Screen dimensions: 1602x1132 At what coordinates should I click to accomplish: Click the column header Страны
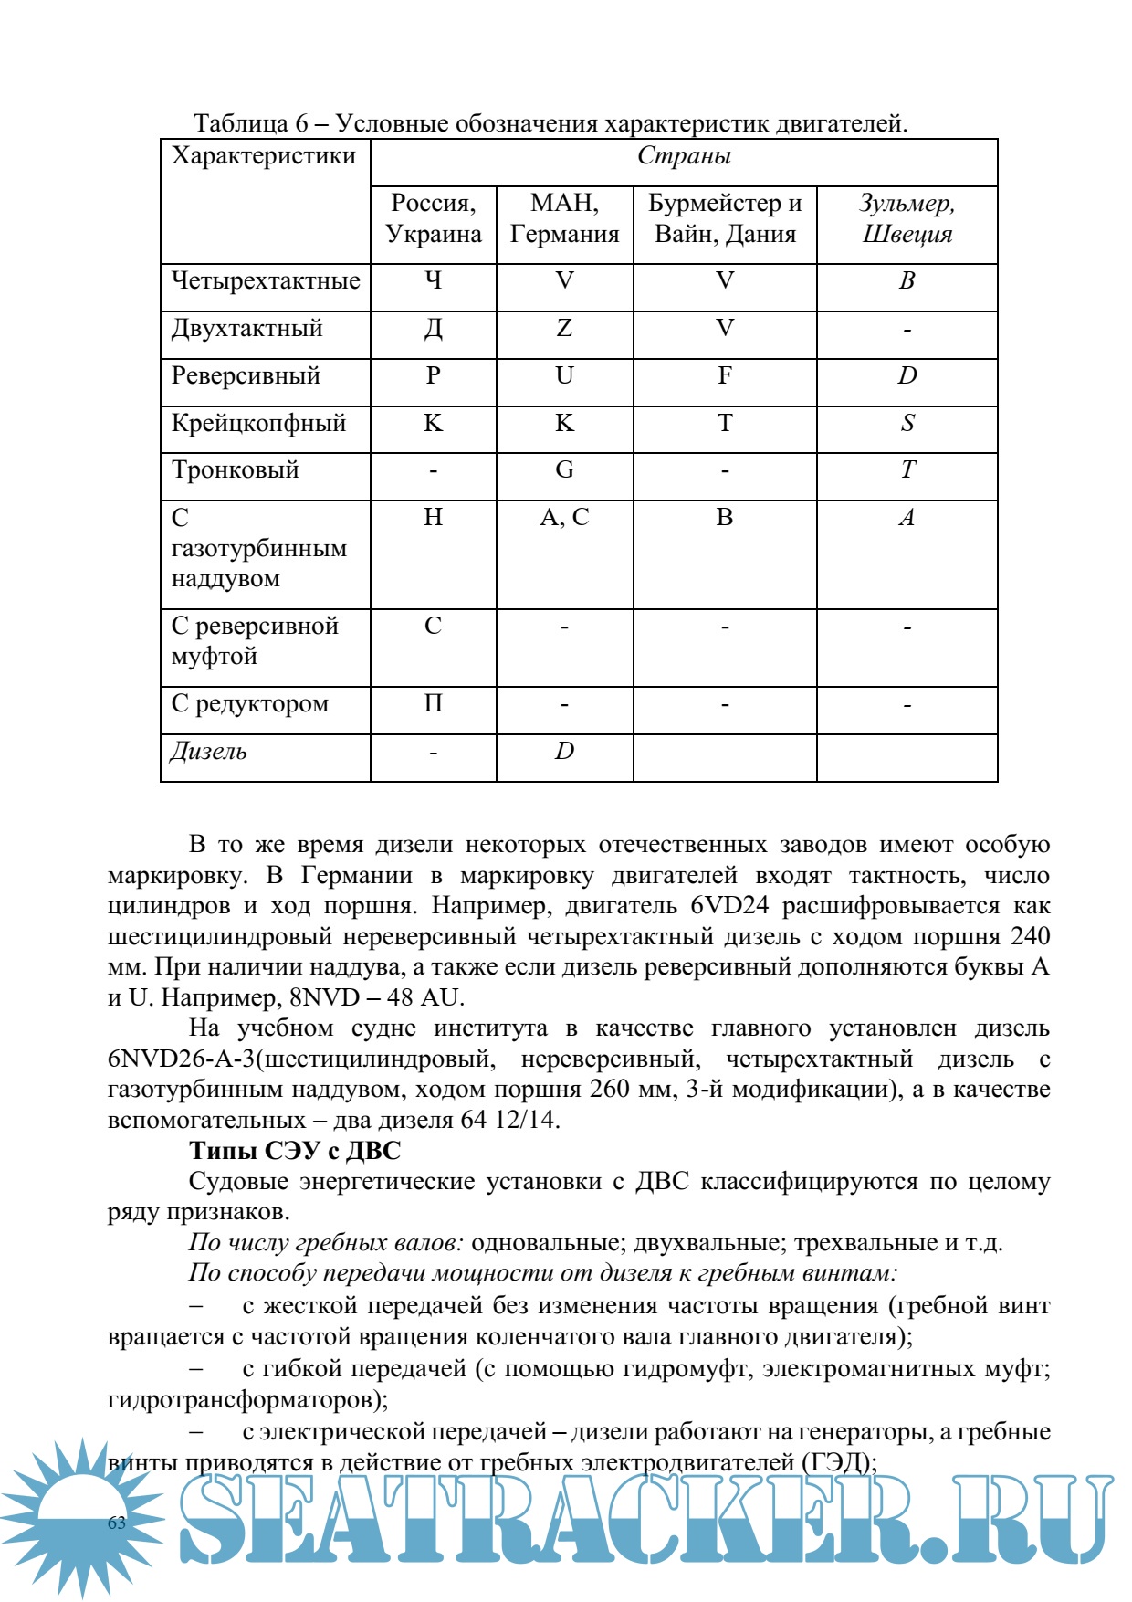[684, 156]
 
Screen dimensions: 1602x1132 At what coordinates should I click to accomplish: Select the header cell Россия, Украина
[434, 218]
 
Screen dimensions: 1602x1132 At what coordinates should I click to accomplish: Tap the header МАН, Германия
[564, 218]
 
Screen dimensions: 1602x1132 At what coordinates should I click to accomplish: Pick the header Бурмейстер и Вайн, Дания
[725, 218]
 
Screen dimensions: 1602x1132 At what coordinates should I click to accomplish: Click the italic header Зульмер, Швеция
[907, 218]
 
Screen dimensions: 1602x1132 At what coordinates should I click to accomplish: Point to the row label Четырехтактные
[266, 281]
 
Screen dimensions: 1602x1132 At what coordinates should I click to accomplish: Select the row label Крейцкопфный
[259, 424]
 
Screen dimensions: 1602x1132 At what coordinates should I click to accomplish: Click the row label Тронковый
[236, 470]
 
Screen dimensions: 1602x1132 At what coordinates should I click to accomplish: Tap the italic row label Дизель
[209, 752]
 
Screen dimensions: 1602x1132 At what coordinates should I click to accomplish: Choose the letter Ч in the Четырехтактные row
[434, 280]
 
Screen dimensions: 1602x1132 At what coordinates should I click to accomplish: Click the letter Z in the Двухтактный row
[564, 328]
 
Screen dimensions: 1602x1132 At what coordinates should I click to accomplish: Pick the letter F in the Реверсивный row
[725, 375]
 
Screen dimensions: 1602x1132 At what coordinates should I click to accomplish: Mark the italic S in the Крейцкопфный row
[907, 423]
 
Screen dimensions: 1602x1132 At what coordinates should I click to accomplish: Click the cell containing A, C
[564, 518]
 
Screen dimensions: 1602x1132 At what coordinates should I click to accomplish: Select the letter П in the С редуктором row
[434, 703]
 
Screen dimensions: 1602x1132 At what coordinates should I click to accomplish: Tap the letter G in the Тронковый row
[564, 470]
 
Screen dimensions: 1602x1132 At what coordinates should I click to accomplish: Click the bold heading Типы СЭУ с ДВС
[295, 1151]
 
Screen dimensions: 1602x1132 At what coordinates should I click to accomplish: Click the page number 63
[117, 1523]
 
